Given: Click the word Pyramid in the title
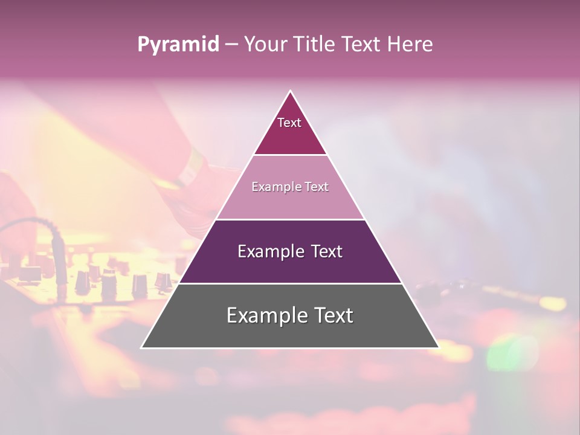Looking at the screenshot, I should (x=178, y=45).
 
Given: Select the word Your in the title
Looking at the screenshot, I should (x=268, y=44).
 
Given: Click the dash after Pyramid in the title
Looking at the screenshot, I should (x=231, y=45).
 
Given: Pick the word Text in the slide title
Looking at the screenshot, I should (x=363, y=44).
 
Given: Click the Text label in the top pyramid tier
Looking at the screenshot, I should (x=289, y=123).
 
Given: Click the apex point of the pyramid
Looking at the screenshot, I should (x=290, y=91).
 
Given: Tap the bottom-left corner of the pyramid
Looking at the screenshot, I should (x=142, y=347).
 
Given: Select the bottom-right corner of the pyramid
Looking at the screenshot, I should (x=438, y=347).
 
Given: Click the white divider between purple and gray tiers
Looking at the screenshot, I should (x=290, y=283).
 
